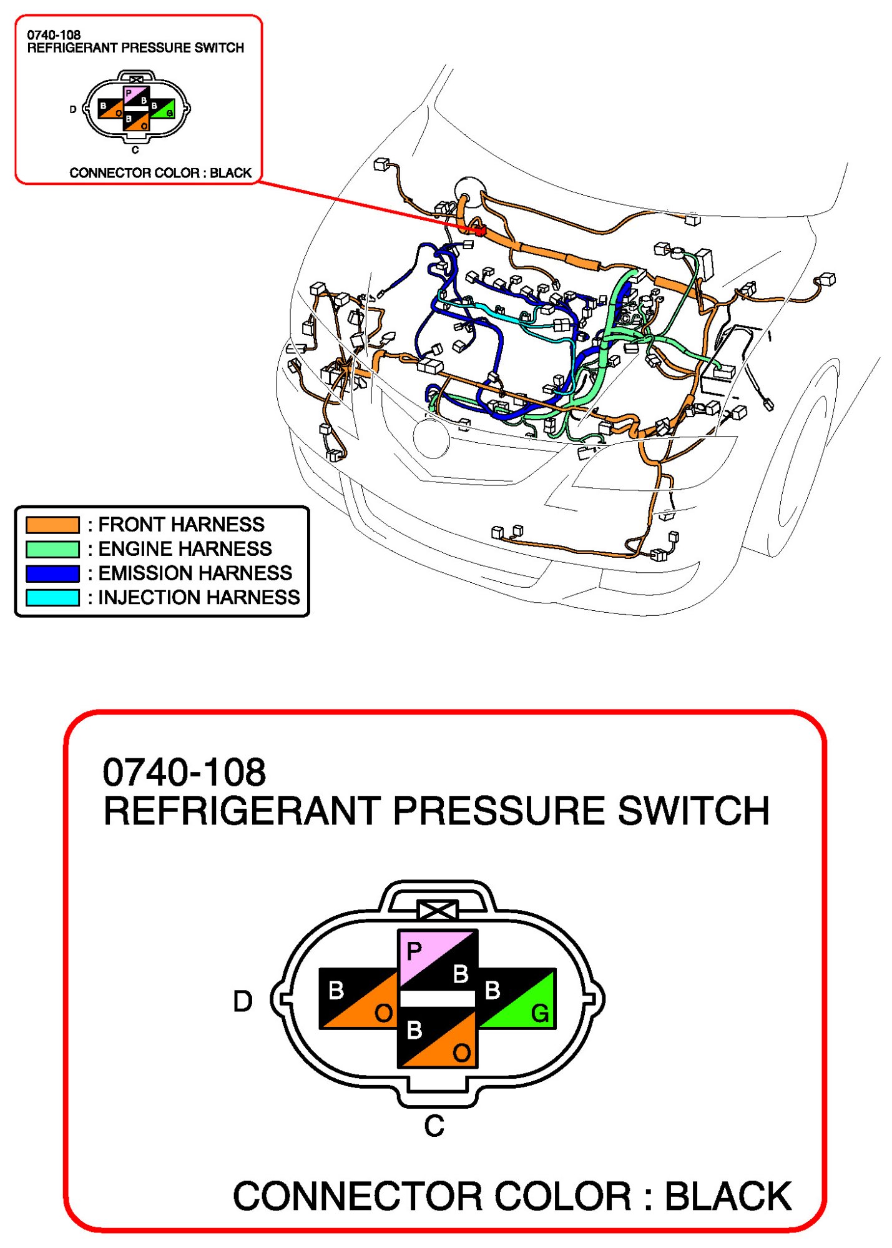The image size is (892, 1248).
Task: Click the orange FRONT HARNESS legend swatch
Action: [x=52, y=524]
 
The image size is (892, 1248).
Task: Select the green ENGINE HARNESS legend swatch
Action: [x=52, y=548]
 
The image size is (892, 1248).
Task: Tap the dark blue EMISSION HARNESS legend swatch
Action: [x=52, y=573]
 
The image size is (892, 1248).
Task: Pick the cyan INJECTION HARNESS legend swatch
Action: [x=52, y=597]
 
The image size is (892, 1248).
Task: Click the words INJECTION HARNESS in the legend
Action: [x=199, y=597]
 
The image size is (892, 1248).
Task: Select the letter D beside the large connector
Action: [x=243, y=1001]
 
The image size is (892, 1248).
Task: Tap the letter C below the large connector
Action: [x=434, y=1126]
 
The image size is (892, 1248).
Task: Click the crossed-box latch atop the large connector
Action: [x=438, y=910]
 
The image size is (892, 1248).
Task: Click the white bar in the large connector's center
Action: [x=437, y=998]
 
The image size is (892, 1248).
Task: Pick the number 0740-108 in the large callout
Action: [x=184, y=772]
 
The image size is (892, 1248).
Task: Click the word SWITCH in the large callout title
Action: [x=693, y=811]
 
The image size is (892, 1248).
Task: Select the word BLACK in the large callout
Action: [x=728, y=1196]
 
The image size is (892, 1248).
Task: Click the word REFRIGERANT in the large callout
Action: [x=242, y=811]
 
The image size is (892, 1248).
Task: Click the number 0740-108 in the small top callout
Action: [x=54, y=35]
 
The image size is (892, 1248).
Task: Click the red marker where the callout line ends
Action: [x=481, y=230]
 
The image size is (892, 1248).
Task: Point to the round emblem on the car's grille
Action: [x=431, y=438]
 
